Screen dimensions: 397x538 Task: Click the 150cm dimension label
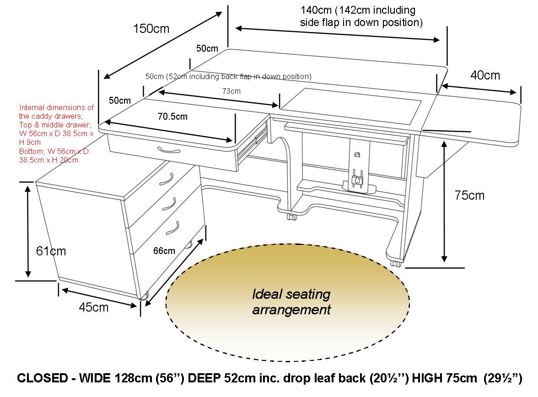pos(151,29)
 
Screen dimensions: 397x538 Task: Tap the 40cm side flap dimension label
pos(485,75)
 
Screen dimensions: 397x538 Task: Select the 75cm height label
pos(469,196)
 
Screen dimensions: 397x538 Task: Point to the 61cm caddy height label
pos(51,251)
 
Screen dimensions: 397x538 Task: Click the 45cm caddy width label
pos(94,307)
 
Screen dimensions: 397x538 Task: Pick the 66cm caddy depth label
pos(164,250)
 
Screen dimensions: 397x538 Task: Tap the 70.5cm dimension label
pos(172,116)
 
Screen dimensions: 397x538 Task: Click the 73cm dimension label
pos(231,91)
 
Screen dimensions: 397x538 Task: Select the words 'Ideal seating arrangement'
pos(291,302)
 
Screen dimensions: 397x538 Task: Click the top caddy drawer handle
pos(167,179)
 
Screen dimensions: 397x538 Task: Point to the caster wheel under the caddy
pos(144,296)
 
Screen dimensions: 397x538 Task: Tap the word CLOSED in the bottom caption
pos(42,379)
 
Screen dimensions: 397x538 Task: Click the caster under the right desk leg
pos(396,263)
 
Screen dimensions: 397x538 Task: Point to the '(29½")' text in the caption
pos(503,379)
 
